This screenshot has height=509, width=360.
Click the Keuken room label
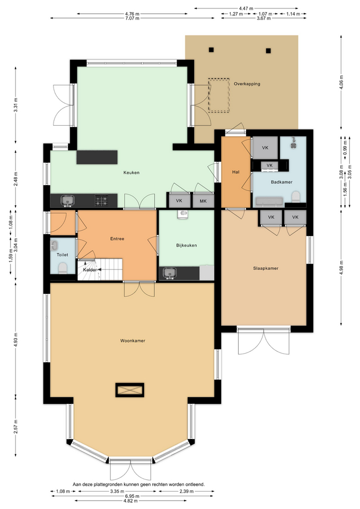point(131,173)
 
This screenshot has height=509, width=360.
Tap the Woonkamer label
point(133,341)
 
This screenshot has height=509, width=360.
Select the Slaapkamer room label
point(266,268)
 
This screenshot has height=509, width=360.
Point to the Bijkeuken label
point(186,245)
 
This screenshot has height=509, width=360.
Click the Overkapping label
point(247,84)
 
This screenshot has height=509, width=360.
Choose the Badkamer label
point(282,182)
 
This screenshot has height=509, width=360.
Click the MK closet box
point(203,201)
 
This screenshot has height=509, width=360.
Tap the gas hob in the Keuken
point(101,200)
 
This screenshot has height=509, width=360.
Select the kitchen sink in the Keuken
point(67,200)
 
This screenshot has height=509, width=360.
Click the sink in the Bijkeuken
point(170,273)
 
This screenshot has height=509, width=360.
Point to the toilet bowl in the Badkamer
point(296,197)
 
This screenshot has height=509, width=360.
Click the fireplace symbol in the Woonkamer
point(129,390)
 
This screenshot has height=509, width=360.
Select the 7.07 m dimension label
point(132,19)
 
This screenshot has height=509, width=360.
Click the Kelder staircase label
point(90,270)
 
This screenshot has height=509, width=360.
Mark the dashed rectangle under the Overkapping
point(218,95)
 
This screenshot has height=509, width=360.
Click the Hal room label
point(236,172)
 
